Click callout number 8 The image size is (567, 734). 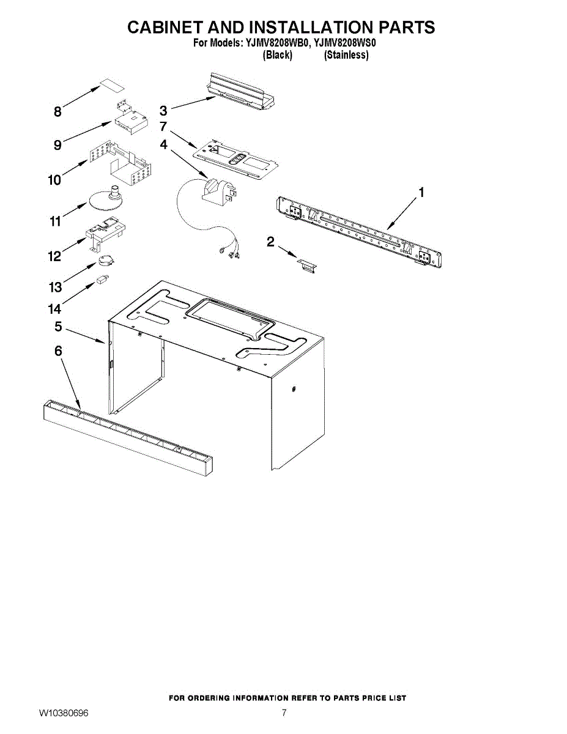click(57, 112)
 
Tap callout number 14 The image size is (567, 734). click(56, 309)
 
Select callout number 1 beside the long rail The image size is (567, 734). click(421, 193)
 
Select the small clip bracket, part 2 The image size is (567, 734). click(308, 264)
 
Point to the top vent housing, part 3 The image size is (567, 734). click(240, 91)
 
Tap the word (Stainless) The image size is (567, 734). click(346, 55)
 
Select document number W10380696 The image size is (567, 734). click(64, 713)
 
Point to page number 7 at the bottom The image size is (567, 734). click(284, 713)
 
